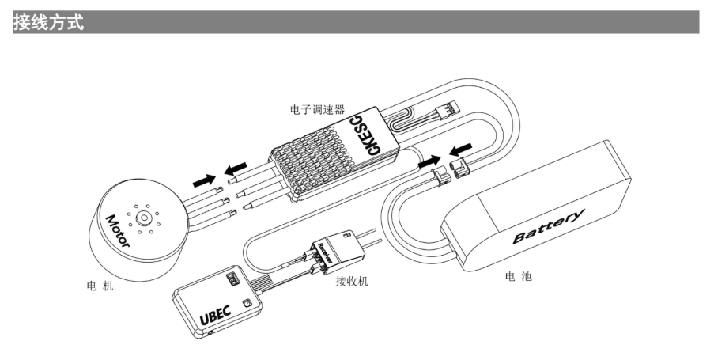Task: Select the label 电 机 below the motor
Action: pyautogui.click(x=100, y=285)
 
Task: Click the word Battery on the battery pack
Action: pyautogui.click(x=549, y=226)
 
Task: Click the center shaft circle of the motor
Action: pyautogui.click(x=145, y=216)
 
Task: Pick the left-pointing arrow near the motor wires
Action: pyautogui.click(x=235, y=169)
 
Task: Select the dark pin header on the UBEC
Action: pyautogui.click(x=231, y=279)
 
